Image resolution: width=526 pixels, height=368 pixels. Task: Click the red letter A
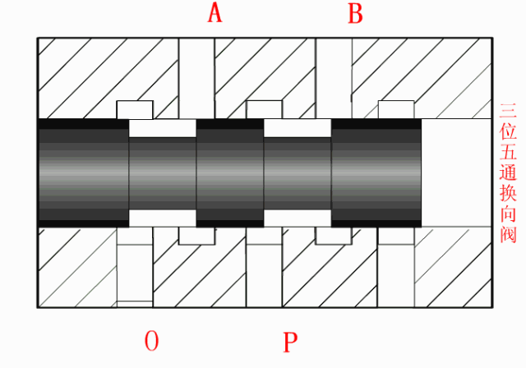point(215,14)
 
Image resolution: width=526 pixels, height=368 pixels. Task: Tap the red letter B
point(356,14)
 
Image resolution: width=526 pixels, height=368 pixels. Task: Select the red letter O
point(151,341)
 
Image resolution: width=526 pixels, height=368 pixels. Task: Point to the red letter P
point(290,342)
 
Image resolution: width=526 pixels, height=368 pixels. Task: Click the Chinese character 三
point(508,111)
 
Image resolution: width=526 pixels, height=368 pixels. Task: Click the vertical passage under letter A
point(196,78)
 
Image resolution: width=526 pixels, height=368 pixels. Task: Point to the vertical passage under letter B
point(334,78)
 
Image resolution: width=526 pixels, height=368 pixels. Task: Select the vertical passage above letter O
point(135,267)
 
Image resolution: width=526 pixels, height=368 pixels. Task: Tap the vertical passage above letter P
point(265,267)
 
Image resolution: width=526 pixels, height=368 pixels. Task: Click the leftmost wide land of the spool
point(84,173)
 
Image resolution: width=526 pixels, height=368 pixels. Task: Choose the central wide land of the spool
point(230,173)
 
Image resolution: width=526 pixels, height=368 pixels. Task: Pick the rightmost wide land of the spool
point(376,173)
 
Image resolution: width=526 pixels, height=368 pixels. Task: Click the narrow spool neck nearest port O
point(163,173)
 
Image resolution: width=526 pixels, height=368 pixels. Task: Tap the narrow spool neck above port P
point(298,173)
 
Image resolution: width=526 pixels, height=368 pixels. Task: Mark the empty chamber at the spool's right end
point(457,173)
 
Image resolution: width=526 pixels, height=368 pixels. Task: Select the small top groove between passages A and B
point(265,109)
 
